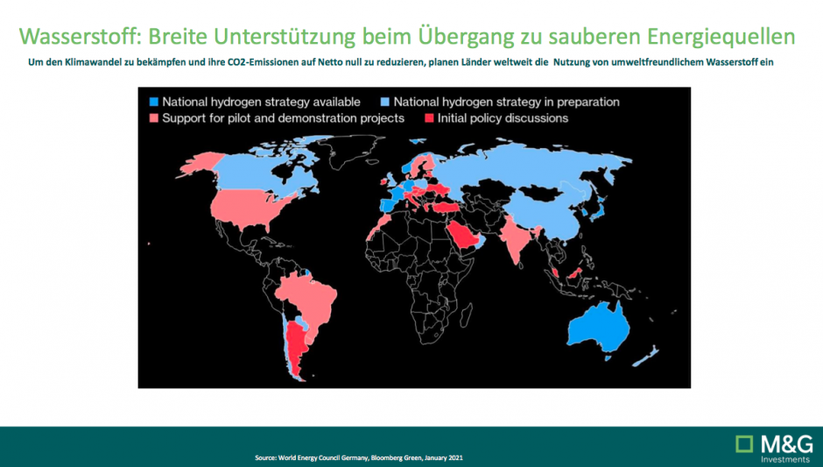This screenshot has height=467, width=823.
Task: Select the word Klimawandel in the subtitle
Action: click(93, 62)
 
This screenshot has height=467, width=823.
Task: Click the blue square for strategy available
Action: click(154, 102)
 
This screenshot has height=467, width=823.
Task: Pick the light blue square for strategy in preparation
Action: click(384, 102)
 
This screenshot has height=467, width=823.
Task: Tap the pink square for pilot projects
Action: click(154, 118)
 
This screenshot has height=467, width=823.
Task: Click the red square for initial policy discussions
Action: click(429, 118)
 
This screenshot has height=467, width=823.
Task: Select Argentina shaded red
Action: click(296, 347)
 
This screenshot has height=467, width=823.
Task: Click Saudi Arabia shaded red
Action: click(463, 237)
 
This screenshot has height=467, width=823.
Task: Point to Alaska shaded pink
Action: click(201, 162)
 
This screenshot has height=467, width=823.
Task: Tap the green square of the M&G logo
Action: click(744, 444)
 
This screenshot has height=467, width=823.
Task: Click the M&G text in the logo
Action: click(785, 444)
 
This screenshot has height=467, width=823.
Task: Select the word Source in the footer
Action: click(265, 458)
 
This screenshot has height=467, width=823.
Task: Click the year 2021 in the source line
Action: click(455, 458)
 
